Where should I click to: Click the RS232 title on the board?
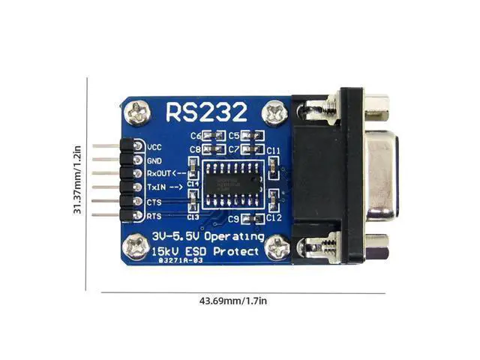coord(205,112)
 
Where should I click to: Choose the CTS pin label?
coord(154,202)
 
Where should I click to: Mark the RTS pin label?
coord(154,216)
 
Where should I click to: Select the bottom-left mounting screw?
coord(137,244)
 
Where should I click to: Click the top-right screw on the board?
coord(275,113)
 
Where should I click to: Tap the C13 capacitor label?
coord(193,217)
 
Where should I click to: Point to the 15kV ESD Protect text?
coord(205,251)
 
